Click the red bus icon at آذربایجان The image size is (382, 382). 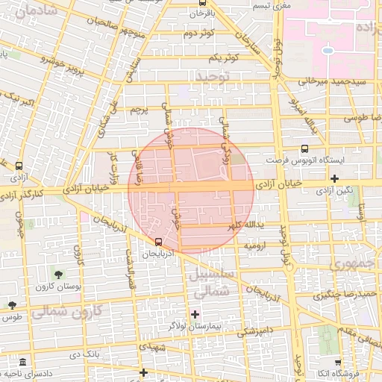158,242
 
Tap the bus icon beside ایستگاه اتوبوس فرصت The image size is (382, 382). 304,149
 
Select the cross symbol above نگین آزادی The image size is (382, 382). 334,178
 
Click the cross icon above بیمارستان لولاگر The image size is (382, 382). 195,314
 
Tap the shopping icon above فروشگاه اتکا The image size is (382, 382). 338,361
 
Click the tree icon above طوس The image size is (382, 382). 12,304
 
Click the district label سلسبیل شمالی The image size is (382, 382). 213,283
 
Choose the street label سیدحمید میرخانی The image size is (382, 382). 333,81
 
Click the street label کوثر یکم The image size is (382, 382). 223,57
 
